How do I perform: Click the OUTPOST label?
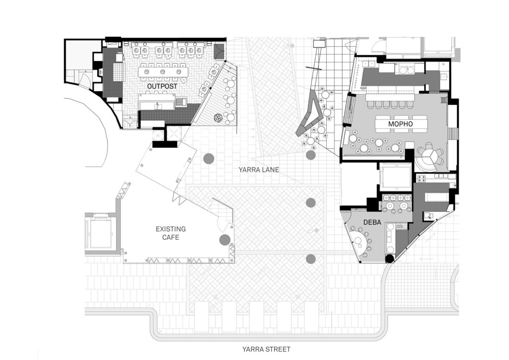click(162, 87)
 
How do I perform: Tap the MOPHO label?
click(400, 124)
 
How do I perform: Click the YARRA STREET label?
click(266, 349)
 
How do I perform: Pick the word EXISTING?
click(171, 229)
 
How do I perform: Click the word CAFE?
click(171, 237)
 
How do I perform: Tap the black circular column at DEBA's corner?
click(389, 259)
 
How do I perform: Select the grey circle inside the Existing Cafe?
click(224, 239)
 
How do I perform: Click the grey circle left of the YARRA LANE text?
click(208, 159)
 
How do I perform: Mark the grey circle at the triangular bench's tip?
click(310, 154)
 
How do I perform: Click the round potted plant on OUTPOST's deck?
click(218, 118)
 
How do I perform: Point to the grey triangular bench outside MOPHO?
click(309, 115)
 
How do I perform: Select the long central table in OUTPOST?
click(163, 72)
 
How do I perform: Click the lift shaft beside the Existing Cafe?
click(100, 233)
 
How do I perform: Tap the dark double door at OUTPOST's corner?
click(219, 50)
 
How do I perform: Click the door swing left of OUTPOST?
click(83, 79)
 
